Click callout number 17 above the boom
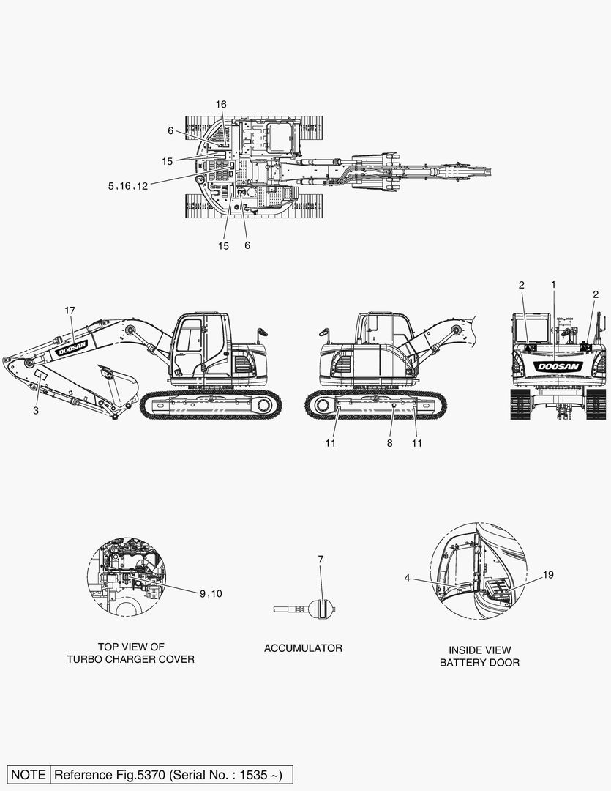click(x=70, y=311)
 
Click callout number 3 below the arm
click(x=36, y=411)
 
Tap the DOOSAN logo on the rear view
click(x=559, y=366)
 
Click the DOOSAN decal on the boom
click(x=72, y=348)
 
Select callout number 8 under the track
click(x=390, y=443)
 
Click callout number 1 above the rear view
click(x=553, y=285)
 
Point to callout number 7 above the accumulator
click(x=321, y=559)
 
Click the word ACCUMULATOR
click(x=303, y=648)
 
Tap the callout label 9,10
click(x=211, y=594)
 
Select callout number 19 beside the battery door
click(x=548, y=575)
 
